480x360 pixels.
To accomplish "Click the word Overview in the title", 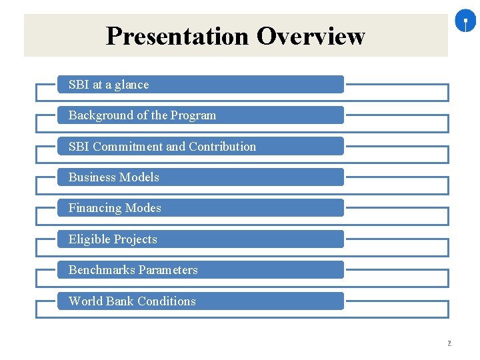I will pyautogui.click(x=311, y=36).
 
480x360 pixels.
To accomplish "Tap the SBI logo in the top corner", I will pyautogui.click(x=465, y=22).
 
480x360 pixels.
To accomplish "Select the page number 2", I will pyautogui.click(x=449, y=343).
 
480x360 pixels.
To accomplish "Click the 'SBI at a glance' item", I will pyautogui.click(x=200, y=85).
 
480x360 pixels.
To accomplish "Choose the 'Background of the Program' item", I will pyautogui.click(x=200, y=115).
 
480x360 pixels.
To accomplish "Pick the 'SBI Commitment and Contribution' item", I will pyautogui.click(x=200, y=147).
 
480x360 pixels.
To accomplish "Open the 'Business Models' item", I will pyautogui.click(x=200, y=177).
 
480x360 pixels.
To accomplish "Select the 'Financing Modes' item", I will pyautogui.click(x=200, y=208).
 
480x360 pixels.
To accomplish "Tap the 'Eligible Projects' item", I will pyautogui.click(x=200, y=239).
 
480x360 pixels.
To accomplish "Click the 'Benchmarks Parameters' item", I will pyautogui.click(x=200, y=270).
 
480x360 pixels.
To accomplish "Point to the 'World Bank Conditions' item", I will pyautogui.click(x=200, y=301).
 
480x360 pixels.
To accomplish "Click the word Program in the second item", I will pyautogui.click(x=193, y=115).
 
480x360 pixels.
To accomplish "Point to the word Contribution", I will pyautogui.click(x=223, y=147).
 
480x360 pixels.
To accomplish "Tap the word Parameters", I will pyautogui.click(x=167, y=270).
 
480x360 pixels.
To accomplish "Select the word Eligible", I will pyautogui.click(x=89, y=239).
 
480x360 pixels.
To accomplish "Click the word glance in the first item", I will pyautogui.click(x=131, y=85).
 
